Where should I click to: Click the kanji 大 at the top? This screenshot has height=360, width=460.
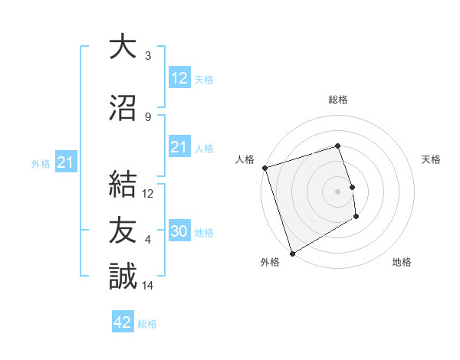(x=123, y=47)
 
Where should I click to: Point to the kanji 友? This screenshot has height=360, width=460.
(x=123, y=230)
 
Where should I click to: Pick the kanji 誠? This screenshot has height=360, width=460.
(x=123, y=276)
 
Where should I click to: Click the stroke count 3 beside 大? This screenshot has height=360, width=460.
(x=148, y=56)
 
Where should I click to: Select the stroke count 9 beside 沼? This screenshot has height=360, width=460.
(x=148, y=117)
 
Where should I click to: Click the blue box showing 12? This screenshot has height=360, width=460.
(x=179, y=78)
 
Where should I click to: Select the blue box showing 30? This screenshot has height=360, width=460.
(x=179, y=232)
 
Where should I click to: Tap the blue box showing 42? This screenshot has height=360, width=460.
(x=123, y=322)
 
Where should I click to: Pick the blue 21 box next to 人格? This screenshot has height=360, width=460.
(x=179, y=148)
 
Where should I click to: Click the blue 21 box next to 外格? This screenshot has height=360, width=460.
(x=65, y=162)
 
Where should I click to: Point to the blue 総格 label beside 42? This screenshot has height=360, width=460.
(x=147, y=324)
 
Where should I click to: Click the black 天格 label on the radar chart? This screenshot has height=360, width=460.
(x=432, y=159)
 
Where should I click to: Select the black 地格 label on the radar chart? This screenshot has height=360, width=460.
(x=402, y=263)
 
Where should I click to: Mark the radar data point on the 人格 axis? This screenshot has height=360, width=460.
(x=264, y=168)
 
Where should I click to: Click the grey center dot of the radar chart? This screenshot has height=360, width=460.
(x=337, y=191)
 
